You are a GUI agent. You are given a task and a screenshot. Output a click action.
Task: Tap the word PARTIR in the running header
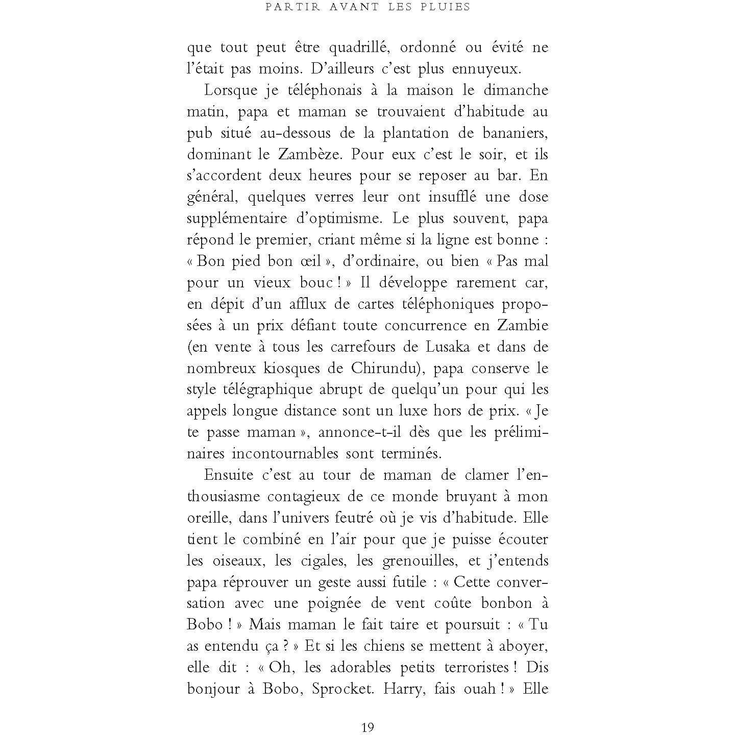click(x=285, y=7)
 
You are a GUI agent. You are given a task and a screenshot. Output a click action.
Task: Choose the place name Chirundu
click(x=391, y=369)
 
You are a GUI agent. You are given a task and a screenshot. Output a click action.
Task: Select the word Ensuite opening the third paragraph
click(x=229, y=475)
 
